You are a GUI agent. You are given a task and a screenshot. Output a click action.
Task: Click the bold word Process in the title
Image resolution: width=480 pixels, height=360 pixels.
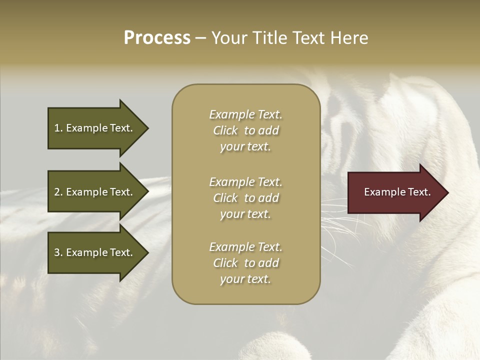157,38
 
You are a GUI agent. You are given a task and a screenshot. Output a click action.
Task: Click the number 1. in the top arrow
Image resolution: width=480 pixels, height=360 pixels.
58,128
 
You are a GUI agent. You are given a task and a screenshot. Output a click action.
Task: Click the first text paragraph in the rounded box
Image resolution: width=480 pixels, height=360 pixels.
245,130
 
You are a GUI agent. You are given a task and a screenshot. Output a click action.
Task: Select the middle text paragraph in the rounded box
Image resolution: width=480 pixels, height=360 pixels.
245,198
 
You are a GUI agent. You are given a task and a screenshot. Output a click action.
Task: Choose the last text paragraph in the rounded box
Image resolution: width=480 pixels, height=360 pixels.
245,263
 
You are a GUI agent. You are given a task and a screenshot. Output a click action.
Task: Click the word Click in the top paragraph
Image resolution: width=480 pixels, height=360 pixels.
225,130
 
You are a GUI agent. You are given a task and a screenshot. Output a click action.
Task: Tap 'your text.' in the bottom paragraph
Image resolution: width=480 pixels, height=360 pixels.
245,279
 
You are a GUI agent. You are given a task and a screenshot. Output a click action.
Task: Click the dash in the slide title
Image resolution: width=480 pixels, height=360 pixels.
201,38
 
